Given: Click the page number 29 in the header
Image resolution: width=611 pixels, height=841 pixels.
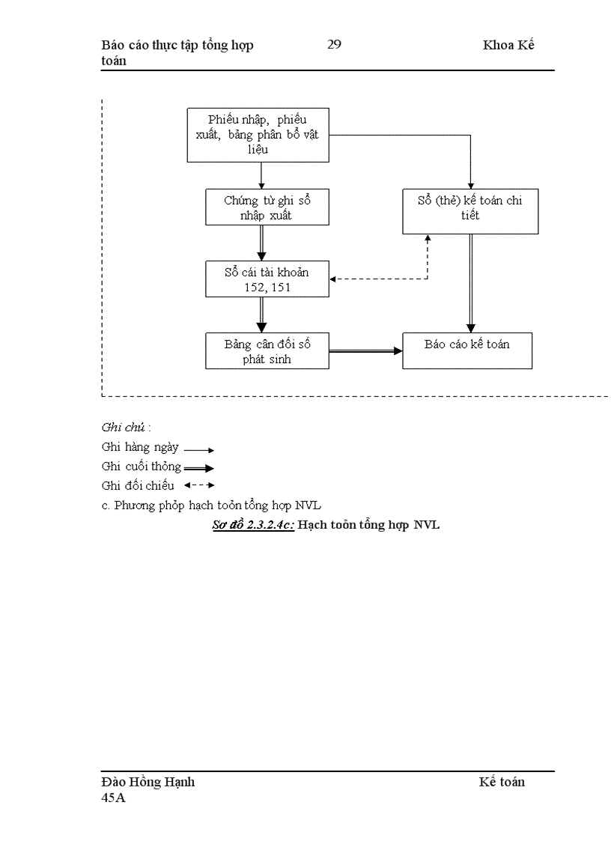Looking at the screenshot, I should coord(334,45).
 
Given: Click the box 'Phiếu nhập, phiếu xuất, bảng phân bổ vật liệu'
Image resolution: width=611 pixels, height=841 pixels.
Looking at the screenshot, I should coord(258,135).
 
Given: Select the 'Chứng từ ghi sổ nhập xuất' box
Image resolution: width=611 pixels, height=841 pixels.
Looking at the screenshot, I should coord(267,207).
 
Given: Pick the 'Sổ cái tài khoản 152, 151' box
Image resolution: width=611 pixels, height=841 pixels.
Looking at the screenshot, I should coord(267,279).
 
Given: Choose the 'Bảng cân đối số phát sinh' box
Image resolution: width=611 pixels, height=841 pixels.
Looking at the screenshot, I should coord(267,351).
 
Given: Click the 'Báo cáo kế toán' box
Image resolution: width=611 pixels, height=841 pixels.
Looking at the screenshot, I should coord(467,350).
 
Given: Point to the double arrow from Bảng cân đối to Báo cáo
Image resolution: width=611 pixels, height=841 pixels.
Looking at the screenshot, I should coord(365,350).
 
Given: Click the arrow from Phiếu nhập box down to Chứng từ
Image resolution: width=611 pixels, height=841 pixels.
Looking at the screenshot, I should coord(261,175).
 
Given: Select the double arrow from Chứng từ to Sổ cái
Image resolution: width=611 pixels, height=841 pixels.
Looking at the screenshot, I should coord(261,243).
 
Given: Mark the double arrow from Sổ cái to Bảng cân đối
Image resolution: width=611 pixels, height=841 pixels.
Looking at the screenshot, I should coord(261,315).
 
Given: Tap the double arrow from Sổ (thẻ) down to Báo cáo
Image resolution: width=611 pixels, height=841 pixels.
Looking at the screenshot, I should coord(470,283).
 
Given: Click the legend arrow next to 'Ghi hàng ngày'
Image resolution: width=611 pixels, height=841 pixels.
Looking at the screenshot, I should coord(199,450).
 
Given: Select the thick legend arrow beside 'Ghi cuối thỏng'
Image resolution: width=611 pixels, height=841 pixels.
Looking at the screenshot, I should coord(199,468).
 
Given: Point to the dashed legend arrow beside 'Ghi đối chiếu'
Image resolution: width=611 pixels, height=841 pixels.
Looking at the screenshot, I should coord(199,485).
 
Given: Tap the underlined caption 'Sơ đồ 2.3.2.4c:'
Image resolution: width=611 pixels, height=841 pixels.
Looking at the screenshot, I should coord(253,525).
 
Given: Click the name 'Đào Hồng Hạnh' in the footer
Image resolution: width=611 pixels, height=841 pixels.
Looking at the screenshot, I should coord(148,782).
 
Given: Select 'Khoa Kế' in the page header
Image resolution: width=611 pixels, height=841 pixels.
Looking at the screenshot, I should coord(508,45).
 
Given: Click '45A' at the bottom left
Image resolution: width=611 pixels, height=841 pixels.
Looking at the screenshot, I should coord(114,798).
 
